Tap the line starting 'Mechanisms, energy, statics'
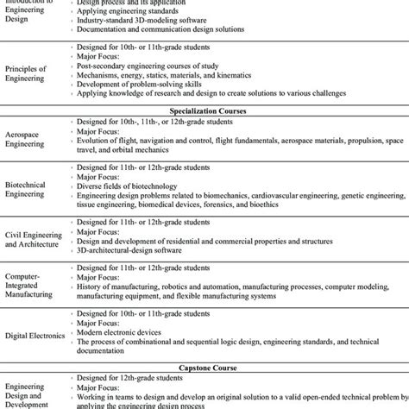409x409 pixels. [x=173, y=75]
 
